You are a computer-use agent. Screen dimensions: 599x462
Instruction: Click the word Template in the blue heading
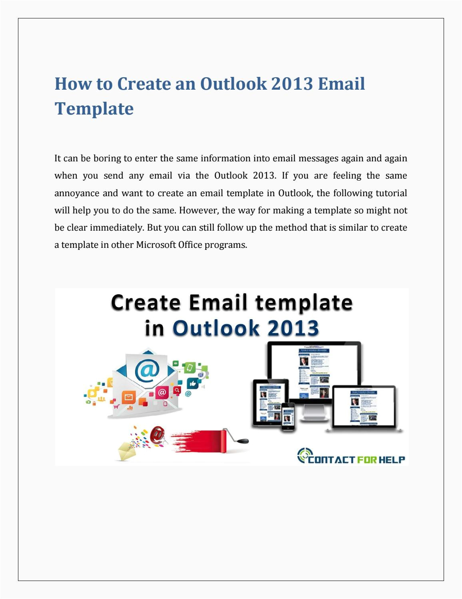click(x=94, y=109)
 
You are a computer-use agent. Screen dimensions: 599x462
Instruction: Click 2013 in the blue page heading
click(x=292, y=84)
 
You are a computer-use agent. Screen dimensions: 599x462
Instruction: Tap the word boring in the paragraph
click(x=107, y=158)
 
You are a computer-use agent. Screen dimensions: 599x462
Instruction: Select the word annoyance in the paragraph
click(x=77, y=193)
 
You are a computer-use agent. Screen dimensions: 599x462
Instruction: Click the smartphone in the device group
click(x=288, y=417)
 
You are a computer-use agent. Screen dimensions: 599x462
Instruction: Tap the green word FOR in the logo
click(x=367, y=460)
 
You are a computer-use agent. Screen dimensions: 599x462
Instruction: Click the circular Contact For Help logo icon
click(x=304, y=455)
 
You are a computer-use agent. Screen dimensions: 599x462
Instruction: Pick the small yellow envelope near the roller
click(x=127, y=450)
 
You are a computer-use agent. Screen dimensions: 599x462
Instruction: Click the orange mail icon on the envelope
click(x=129, y=397)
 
